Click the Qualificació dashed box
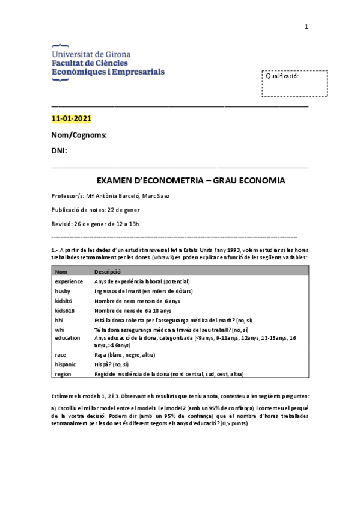pos(294,84)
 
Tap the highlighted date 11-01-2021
pos(72,118)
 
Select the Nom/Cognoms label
pos(79,135)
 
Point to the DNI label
pos(59,150)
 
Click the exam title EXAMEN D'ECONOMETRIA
pos(191,181)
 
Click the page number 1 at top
pos(307,26)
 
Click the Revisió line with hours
pos(96,224)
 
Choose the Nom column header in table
pos(61,272)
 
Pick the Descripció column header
pos(108,272)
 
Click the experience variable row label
pos(69,281)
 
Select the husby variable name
pos(63,291)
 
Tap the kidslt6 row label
pos(64,300)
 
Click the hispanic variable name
pos(66,364)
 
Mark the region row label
pos(63,373)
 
